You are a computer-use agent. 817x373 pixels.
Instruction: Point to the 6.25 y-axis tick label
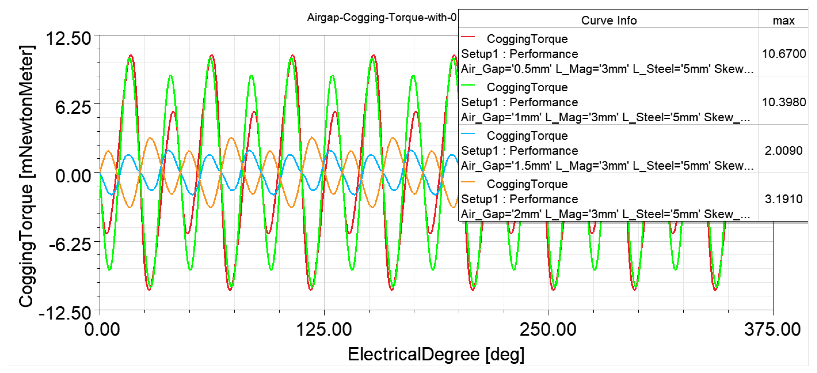(x=73, y=107)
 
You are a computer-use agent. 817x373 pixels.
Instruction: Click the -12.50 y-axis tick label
(x=65, y=313)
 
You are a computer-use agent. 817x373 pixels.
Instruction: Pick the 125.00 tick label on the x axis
(x=324, y=330)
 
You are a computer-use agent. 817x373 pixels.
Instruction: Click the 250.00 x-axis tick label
(x=548, y=330)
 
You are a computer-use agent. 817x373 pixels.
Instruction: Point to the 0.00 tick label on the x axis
(x=102, y=330)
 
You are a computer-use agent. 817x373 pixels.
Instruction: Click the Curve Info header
(x=609, y=21)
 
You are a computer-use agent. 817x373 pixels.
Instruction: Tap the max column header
(x=783, y=21)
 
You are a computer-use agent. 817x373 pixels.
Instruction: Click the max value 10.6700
(x=784, y=54)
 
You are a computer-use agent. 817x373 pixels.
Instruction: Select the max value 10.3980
(x=784, y=102)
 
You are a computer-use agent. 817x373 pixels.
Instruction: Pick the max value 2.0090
(x=784, y=150)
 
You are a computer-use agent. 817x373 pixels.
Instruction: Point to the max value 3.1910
(x=784, y=199)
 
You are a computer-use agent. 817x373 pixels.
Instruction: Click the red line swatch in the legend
(x=468, y=37)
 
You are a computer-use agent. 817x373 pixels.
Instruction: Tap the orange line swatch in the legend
(x=468, y=182)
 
